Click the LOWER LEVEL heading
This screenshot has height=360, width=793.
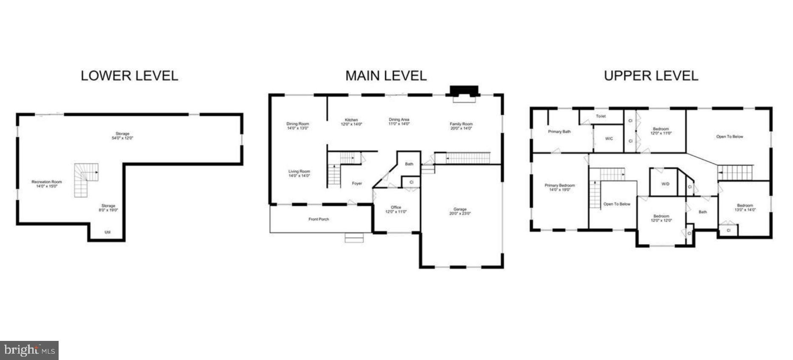click(x=129, y=76)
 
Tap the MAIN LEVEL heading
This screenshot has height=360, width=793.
click(x=386, y=76)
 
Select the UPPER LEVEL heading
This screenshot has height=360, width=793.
click(x=651, y=76)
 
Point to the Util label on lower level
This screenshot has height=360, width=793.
click(x=107, y=232)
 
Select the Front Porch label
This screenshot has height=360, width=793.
click(x=319, y=219)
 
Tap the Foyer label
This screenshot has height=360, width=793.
click(x=357, y=183)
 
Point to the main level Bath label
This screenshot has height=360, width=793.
click(x=409, y=164)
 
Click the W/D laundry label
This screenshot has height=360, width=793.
click(x=665, y=184)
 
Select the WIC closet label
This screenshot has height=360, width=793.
click(x=609, y=138)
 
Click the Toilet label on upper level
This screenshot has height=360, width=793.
click(x=601, y=116)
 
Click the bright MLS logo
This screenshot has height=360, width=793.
click(x=29, y=350)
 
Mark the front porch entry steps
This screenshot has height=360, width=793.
click(x=354, y=238)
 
